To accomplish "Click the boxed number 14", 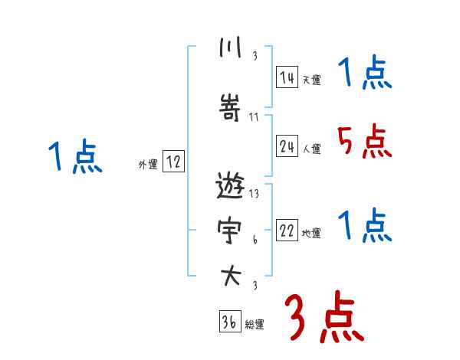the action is pos(287,77).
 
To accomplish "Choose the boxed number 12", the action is pos(173,162).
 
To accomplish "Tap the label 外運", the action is pos(147,164).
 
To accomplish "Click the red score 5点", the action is pos(364,141).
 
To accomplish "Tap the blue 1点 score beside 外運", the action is pos(75,157).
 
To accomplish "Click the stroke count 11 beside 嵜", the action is pos(255,117).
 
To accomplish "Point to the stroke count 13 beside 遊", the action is pos(255,194).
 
